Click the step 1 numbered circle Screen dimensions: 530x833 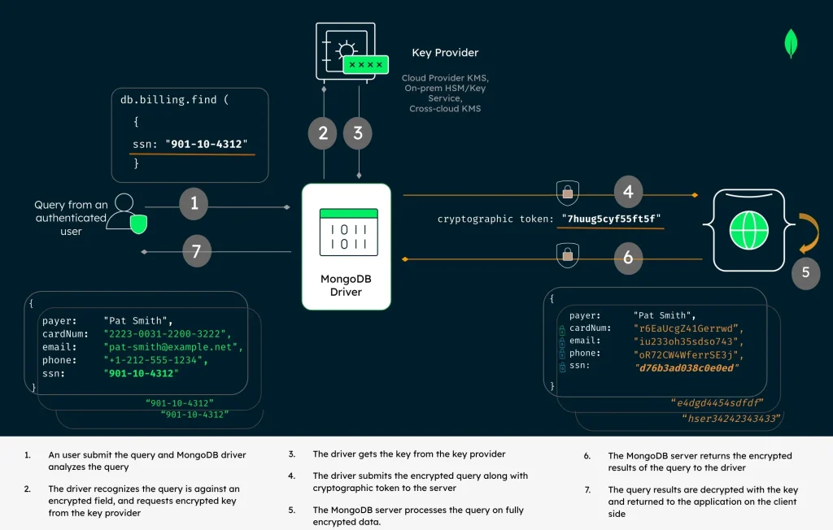(x=194, y=203)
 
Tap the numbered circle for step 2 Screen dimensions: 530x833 (x=323, y=132)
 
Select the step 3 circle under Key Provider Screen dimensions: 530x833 (x=358, y=132)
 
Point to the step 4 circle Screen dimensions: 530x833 (x=627, y=193)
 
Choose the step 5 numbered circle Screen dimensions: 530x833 (x=805, y=272)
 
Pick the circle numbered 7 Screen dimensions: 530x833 (x=196, y=251)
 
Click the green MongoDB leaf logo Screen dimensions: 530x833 (x=790, y=43)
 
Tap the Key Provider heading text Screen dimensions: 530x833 (x=445, y=53)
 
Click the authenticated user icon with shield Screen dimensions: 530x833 (x=128, y=213)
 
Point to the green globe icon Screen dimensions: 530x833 (x=748, y=231)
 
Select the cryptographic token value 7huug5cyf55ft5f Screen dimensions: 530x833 (x=615, y=219)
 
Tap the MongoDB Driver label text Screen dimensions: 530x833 (x=346, y=285)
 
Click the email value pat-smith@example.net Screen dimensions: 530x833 (x=173, y=347)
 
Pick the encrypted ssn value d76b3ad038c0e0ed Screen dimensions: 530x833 (x=688, y=367)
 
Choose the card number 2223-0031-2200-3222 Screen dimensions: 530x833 (x=168, y=333)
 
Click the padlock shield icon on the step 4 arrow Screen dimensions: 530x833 (x=567, y=193)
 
